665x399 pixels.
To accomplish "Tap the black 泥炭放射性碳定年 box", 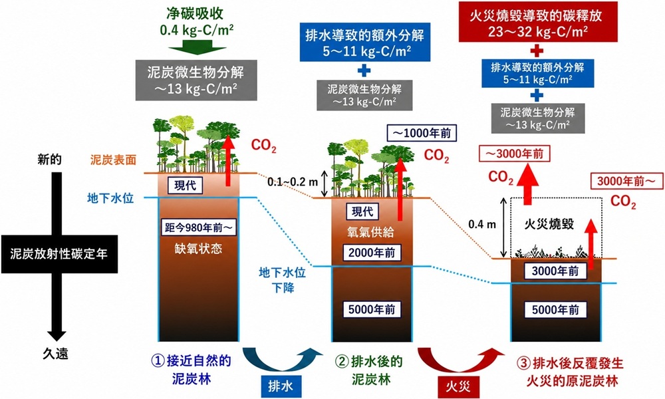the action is (x=59, y=254).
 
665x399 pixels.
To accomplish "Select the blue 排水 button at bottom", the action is (x=281, y=386).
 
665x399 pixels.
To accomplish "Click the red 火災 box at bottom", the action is (x=458, y=387).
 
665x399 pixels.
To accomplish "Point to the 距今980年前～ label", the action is (x=199, y=227).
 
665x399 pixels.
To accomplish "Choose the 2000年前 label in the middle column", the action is (x=372, y=253).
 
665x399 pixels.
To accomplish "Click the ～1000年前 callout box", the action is (x=422, y=133).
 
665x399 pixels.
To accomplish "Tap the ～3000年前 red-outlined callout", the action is (x=514, y=154).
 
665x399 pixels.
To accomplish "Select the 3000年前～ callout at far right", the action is (x=626, y=182).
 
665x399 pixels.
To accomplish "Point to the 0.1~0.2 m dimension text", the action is (x=293, y=182).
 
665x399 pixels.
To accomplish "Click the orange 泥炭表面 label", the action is (x=113, y=160).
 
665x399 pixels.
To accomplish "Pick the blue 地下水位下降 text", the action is (x=283, y=280).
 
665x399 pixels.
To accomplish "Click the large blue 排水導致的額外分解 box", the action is (x=364, y=43).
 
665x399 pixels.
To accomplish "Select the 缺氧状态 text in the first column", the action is (x=198, y=249).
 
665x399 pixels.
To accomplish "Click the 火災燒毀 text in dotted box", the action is (x=549, y=223).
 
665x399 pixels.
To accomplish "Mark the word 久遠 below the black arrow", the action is (x=56, y=352).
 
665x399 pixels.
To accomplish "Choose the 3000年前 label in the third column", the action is (x=555, y=271).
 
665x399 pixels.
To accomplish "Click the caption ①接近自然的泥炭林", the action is (x=192, y=369).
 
